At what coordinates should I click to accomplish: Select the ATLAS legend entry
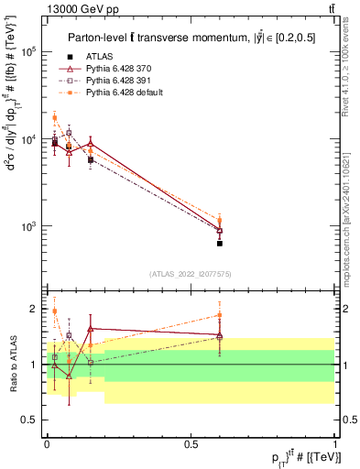click(x=99, y=57)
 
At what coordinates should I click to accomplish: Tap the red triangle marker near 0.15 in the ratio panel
click(x=90, y=328)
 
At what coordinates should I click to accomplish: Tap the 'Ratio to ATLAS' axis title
click(x=11, y=365)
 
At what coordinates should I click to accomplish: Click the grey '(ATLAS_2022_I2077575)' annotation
click(x=191, y=274)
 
